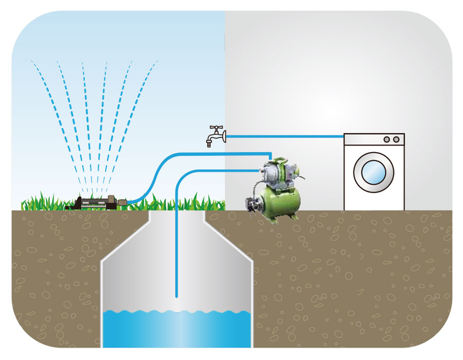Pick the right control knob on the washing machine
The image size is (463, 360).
[x=396, y=139]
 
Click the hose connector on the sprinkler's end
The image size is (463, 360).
[x=123, y=202]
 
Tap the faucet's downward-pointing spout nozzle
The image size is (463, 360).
[x=209, y=143]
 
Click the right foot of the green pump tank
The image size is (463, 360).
[x=294, y=216]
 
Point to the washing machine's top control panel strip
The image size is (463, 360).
[x=373, y=139]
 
